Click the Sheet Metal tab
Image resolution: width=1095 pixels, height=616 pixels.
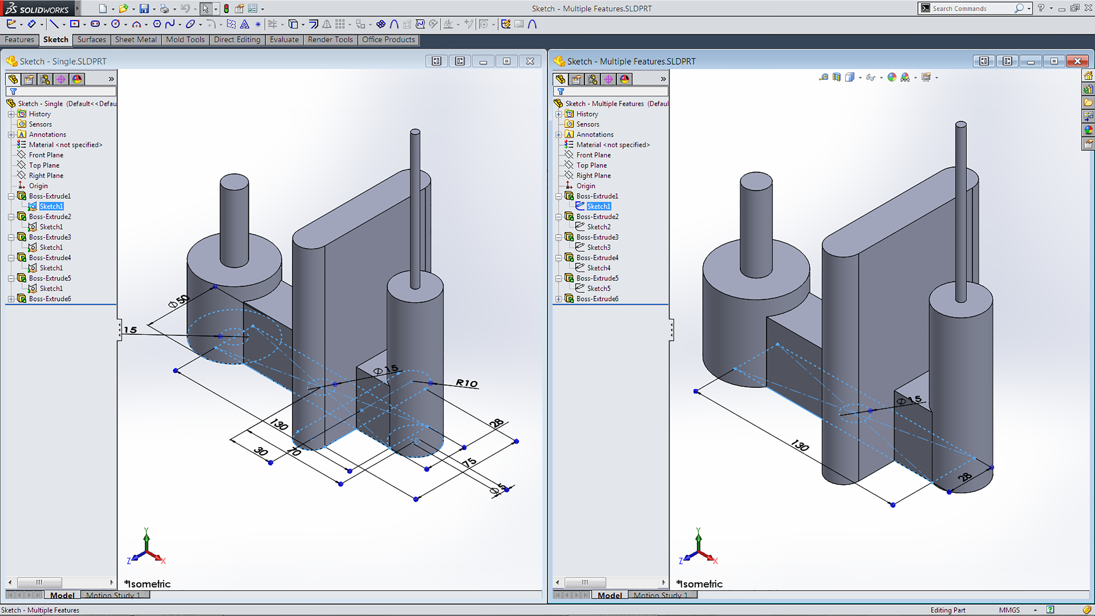(136, 40)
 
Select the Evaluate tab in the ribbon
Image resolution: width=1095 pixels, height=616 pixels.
(284, 40)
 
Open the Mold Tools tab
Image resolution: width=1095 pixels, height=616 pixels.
(185, 40)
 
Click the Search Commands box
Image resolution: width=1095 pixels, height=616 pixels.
(974, 9)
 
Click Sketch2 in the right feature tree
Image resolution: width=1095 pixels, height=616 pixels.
(598, 227)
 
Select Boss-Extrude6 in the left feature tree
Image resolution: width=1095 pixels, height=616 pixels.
(50, 298)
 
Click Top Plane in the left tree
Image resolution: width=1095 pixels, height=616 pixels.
(44, 165)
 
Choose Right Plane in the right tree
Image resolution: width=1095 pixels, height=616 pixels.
(593, 175)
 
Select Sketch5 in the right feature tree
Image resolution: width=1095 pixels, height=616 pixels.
(598, 288)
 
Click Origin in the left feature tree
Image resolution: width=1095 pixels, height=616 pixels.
(38, 186)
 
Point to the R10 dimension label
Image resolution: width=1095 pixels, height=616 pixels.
(467, 383)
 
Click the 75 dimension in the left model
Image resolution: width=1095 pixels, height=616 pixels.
(469, 462)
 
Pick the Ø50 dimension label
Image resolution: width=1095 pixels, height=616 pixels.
(178, 301)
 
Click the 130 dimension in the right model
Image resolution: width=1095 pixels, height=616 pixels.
(800, 445)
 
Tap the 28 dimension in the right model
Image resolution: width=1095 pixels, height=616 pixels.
(965, 477)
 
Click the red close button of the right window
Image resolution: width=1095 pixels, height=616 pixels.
(1077, 61)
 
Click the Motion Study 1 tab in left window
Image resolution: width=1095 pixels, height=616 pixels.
(113, 595)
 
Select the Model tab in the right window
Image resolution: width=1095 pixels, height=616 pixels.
(609, 595)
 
